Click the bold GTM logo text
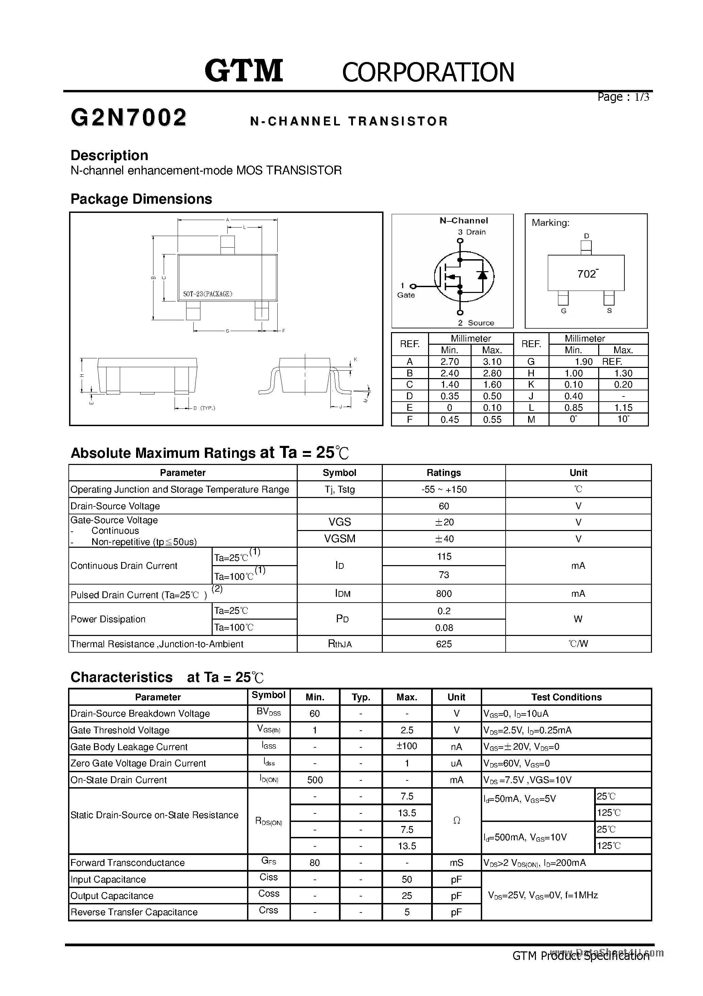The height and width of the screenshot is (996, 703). click(244, 71)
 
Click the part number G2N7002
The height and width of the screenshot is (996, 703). click(129, 118)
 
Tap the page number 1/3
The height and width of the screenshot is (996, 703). click(642, 97)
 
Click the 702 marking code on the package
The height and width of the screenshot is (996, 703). click(586, 274)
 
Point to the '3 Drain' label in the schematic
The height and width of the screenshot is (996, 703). click(472, 232)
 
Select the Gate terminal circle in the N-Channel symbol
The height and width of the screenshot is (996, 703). click(413, 286)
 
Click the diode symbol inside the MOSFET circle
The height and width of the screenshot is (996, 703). click(482, 275)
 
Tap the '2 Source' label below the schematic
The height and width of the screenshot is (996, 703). click(476, 323)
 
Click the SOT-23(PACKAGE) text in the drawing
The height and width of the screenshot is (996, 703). click(208, 294)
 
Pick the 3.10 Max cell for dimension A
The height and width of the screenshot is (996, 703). click(492, 362)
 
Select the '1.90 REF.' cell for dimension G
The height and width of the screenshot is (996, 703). click(598, 362)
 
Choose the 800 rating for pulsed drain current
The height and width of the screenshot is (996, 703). click(444, 593)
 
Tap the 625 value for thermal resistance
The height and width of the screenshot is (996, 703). click(444, 644)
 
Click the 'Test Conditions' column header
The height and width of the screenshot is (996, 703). click(566, 697)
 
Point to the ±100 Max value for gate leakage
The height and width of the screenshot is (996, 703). click(407, 746)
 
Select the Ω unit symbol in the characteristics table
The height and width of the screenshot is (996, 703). click(456, 820)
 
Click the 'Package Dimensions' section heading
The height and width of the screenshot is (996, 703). click(141, 199)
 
